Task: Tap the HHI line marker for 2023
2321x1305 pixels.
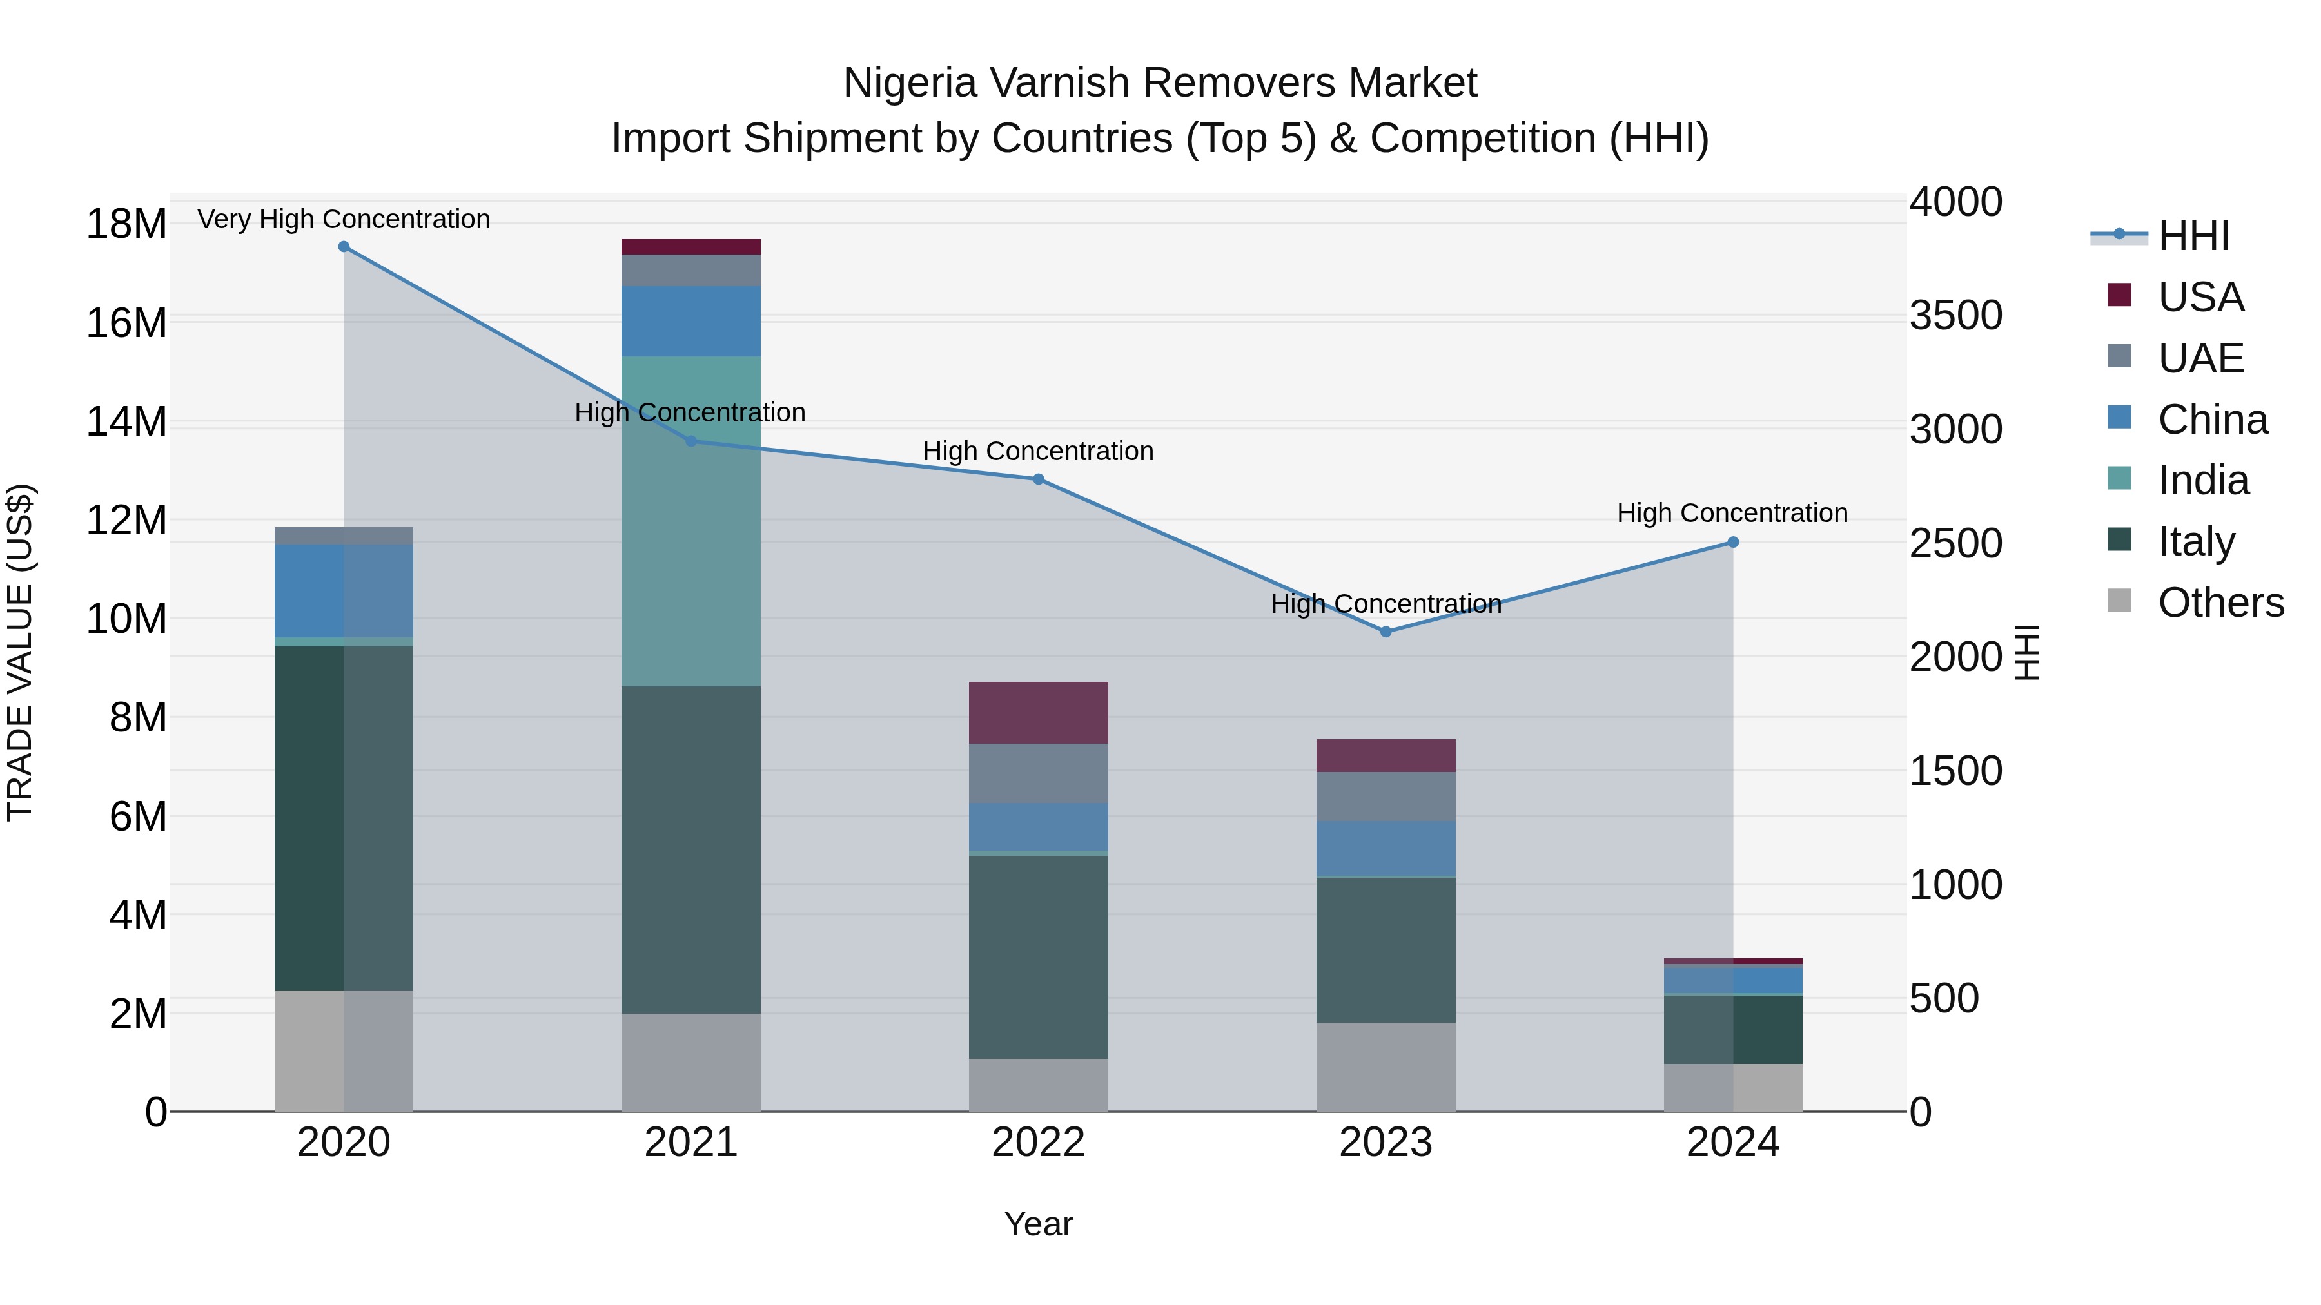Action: (x=1386, y=632)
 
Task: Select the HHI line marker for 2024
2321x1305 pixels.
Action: (x=1732, y=542)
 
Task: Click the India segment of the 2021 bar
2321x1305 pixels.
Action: (x=691, y=523)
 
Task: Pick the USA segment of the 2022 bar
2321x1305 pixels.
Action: (x=1038, y=712)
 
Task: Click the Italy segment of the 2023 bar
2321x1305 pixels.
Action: (x=1386, y=949)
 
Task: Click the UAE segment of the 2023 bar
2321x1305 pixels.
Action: (x=1386, y=796)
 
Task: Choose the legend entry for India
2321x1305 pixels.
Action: (x=2202, y=480)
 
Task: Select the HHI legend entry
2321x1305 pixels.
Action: (x=2193, y=236)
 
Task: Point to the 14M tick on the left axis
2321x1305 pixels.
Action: (x=126, y=421)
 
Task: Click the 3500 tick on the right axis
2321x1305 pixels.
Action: (x=1955, y=315)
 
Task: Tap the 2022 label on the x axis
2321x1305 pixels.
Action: (x=1038, y=1143)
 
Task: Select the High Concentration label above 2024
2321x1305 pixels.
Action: (x=1732, y=512)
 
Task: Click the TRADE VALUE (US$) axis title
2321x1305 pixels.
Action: (x=20, y=652)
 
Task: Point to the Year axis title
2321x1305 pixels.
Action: (x=1038, y=1224)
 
